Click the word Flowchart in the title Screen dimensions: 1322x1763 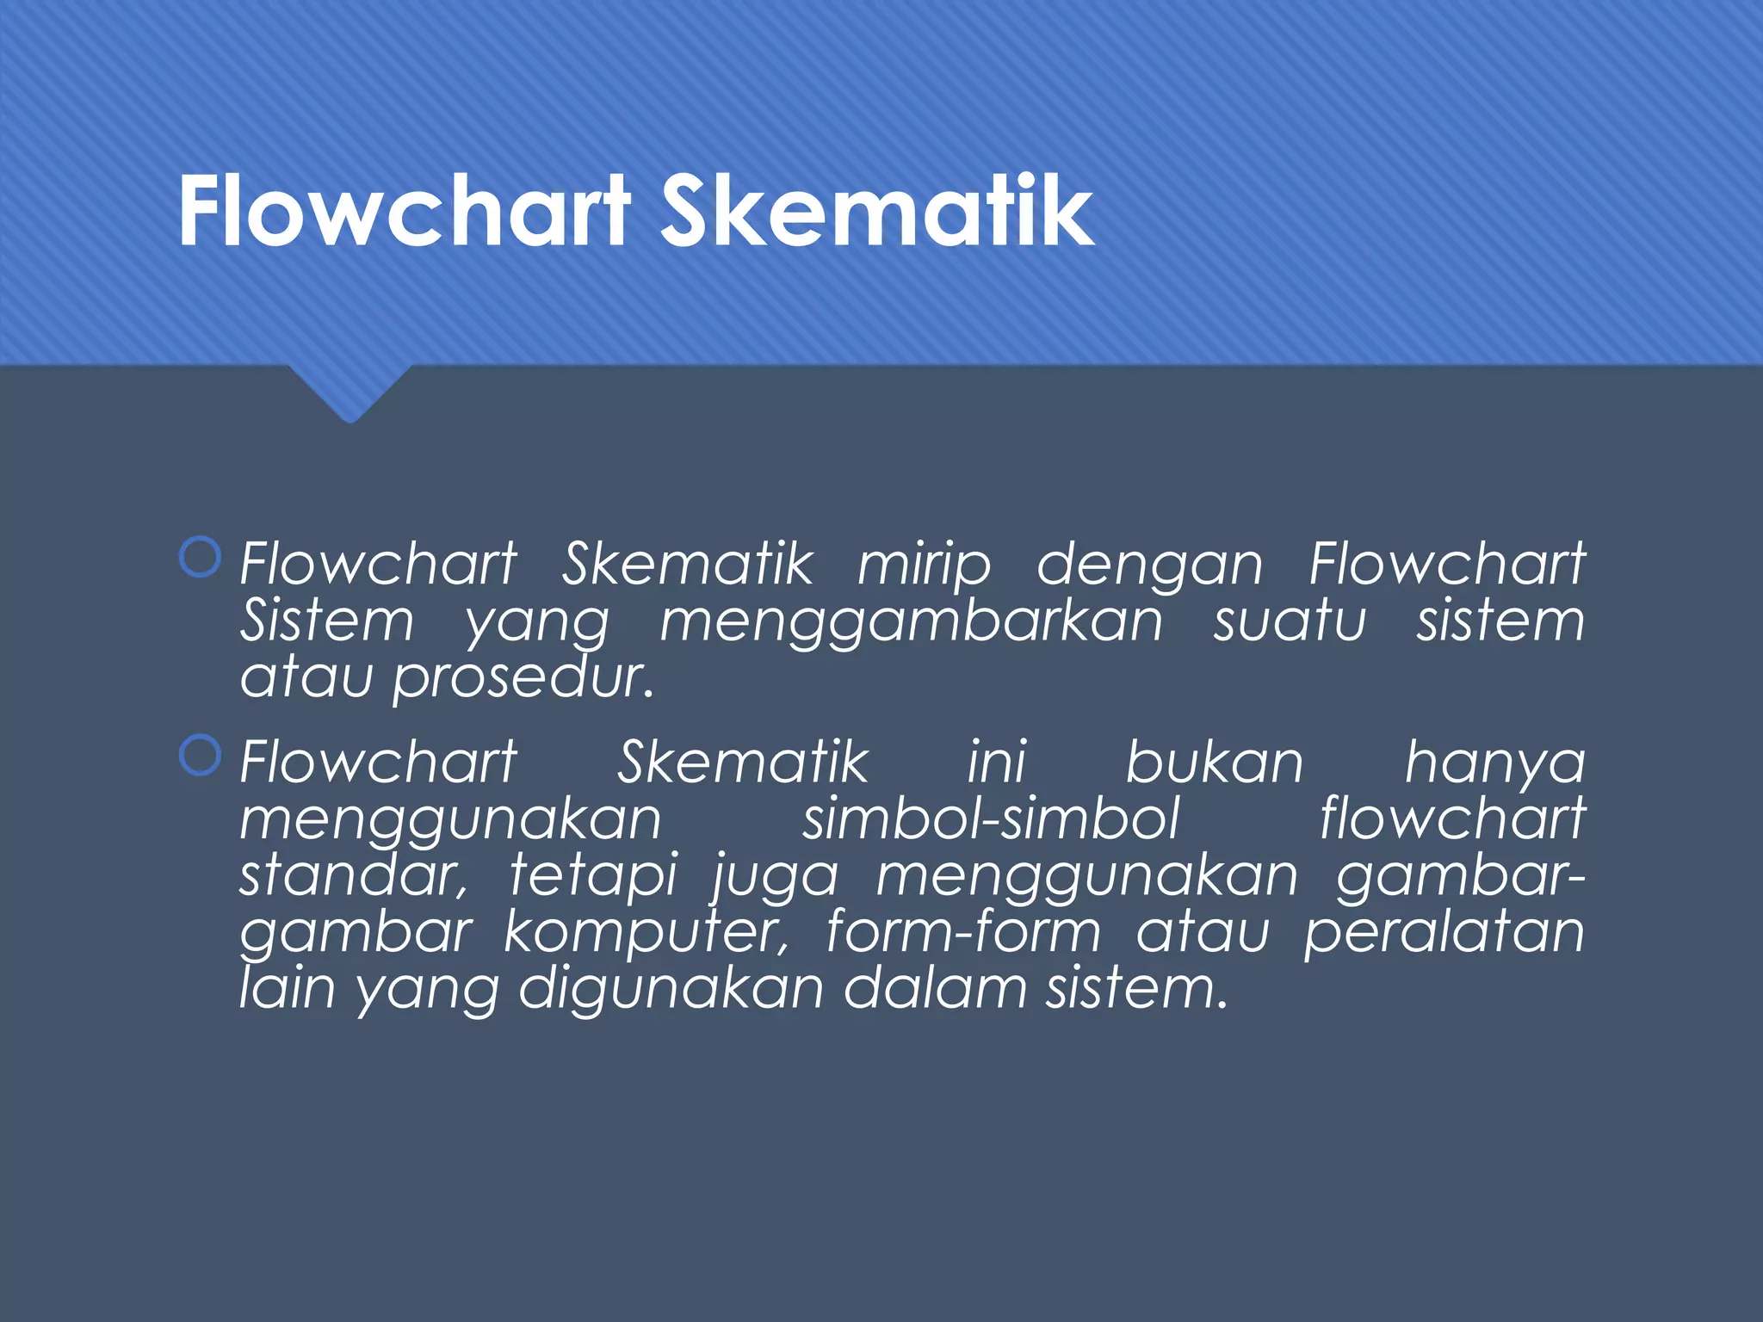coord(405,212)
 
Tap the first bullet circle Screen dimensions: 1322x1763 coord(201,558)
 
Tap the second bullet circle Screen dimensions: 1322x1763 coord(201,757)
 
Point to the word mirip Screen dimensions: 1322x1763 coord(925,566)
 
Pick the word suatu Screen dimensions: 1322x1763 coord(1290,621)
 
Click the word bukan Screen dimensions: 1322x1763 coord(1215,763)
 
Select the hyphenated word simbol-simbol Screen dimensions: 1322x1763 coord(991,819)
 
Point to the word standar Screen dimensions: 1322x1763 coord(354,875)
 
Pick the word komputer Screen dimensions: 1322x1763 coord(646,934)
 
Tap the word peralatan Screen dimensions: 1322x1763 coord(1444,934)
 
